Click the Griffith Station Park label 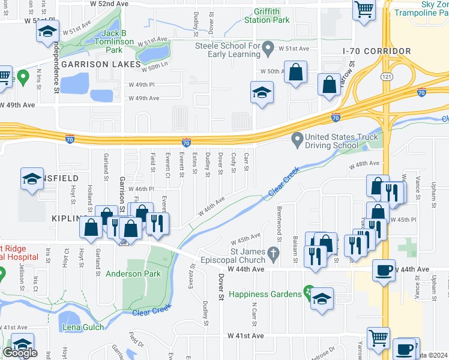[x=267, y=15]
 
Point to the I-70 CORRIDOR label [x=376, y=52]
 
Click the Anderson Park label [x=133, y=274]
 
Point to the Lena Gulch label [x=83, y=327]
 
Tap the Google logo [x=20, y=353]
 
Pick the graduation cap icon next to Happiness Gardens [x=322, y=298]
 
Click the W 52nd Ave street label [x=109, y=4]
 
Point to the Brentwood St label [x=279, y=223]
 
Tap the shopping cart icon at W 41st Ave [x=378, y=338]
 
